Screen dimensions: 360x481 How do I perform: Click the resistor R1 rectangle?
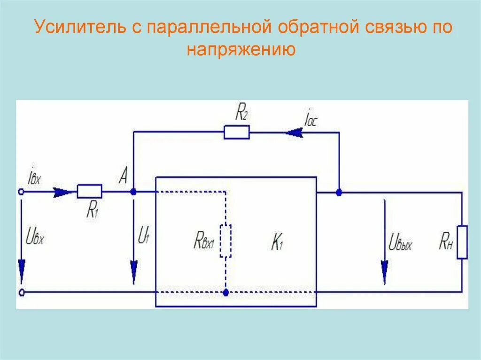89,191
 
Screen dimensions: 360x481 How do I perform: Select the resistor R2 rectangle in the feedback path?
236,132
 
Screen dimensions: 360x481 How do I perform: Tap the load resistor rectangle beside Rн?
462,242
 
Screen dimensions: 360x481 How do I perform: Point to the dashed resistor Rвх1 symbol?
226,241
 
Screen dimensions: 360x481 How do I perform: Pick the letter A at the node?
124,177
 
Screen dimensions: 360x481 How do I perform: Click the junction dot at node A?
133,191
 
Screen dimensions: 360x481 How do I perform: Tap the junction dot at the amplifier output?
339,192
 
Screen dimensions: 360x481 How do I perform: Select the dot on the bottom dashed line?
226,292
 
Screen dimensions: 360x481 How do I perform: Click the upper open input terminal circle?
20,191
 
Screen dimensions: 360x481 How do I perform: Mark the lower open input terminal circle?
20,292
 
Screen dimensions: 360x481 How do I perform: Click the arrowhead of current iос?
294,133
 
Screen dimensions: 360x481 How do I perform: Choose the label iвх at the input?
35,177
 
